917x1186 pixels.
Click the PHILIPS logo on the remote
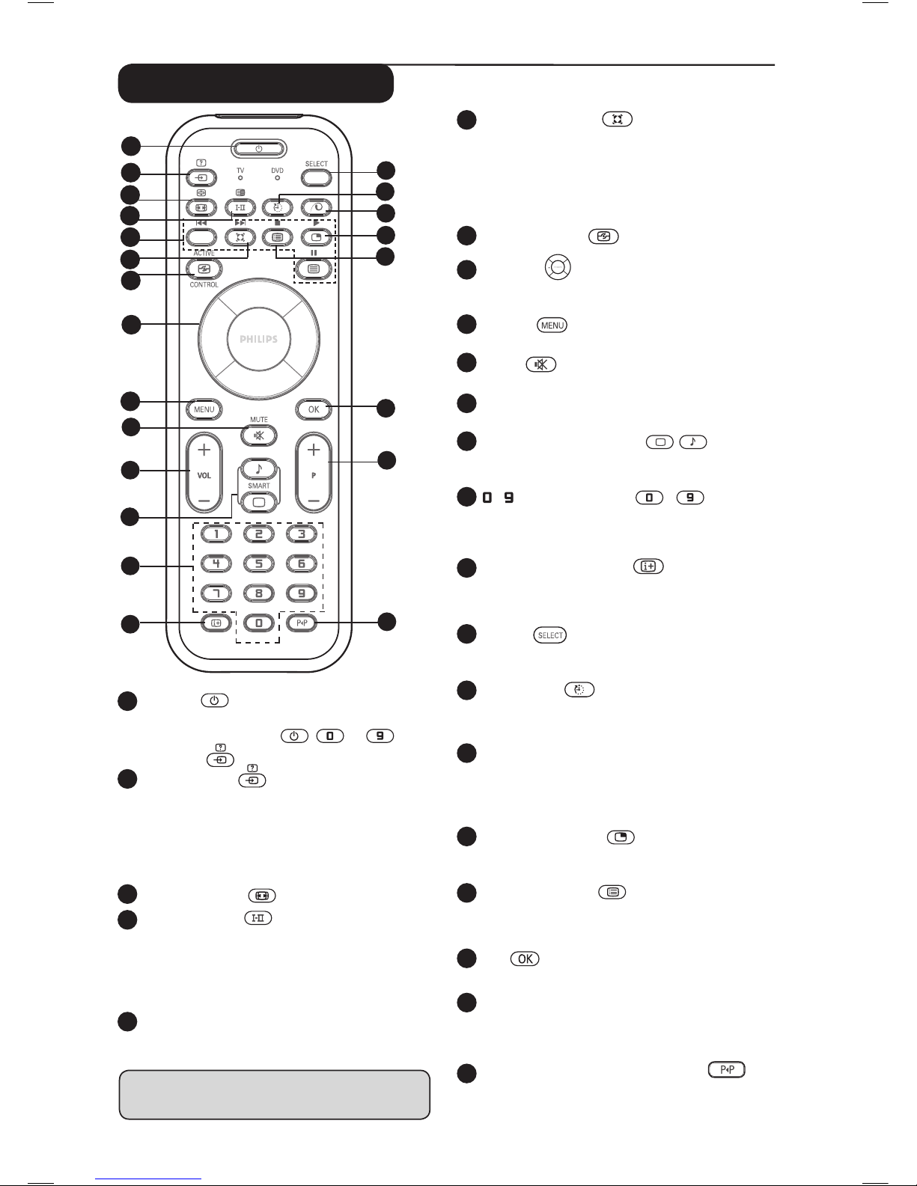click(x=258, y=339)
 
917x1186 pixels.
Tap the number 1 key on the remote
click(x=216, y=534)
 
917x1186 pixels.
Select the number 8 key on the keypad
click(x=259, y=593)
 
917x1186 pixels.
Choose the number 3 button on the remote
click(x=302, y=534)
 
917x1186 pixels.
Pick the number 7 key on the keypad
click(x=216, y=593)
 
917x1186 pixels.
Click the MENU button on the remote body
click(x=204, y=409)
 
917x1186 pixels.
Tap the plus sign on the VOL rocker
click(x=204, y=450)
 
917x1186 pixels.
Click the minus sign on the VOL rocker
click(x=204, y=499)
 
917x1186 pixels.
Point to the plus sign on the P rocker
click(x=314, y=450)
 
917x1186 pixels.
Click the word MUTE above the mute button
click(x=259, y=421)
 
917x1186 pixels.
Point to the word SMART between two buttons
click(x=259, y=486)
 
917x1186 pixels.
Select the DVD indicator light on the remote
click(x=278, y=178)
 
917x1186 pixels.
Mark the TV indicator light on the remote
click(x=240, y=178)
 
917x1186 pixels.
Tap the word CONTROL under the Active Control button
click(x=204, y=285)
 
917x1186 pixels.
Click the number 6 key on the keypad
click(x=302, y=563)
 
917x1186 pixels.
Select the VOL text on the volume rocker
click(x=204, y=475)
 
